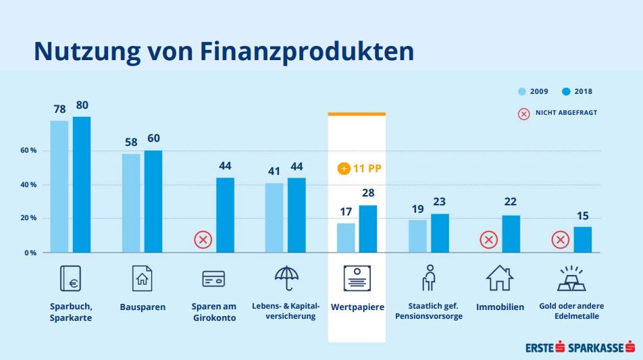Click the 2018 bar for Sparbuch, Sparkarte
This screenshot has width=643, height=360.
[x=82, y=184]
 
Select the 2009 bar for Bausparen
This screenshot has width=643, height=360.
[x=131, y=203]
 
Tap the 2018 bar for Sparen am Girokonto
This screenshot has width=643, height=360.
[x=225, y=215]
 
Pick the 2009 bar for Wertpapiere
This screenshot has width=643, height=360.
[x=346, y=238]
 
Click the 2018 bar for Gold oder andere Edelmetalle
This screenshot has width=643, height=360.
[x=582, y=239]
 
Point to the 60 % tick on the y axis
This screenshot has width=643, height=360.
[x=28, y=151]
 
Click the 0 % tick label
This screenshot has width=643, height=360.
[x=30, y=253]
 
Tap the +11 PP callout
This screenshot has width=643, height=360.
[x=360, y=168]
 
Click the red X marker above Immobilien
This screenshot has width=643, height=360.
[x=488, y=239]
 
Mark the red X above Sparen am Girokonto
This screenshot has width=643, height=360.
[x=203, y=239]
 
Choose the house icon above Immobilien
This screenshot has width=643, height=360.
[x=500, y=278]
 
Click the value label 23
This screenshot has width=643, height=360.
[x=440, y=201]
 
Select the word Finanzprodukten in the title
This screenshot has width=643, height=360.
[x=307, y=51]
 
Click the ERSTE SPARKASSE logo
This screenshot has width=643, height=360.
[x=580, y=348]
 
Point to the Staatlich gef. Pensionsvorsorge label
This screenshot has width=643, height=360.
[x=429, y=311]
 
